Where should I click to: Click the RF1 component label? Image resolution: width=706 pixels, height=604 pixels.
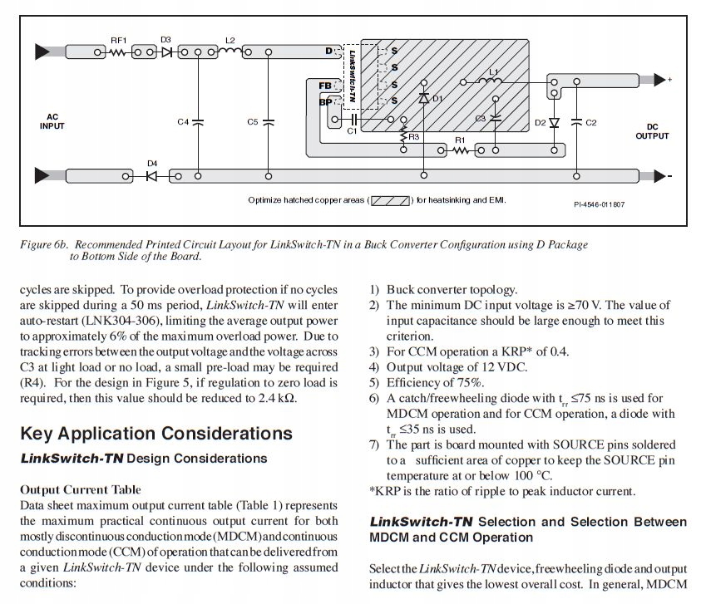coord(118,40)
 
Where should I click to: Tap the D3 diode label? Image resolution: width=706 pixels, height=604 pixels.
coord(165,40)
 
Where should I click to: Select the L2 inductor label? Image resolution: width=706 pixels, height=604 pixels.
coord(230,40)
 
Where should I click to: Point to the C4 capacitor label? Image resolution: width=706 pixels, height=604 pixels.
coord(183,122)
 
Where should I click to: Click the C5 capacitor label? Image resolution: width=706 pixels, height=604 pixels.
coord(253,122)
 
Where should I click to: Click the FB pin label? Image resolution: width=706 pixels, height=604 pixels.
coord(325,86)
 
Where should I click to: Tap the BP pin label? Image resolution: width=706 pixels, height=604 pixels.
coord(325,101)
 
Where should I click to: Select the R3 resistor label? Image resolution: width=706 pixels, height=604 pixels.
coord(413,136)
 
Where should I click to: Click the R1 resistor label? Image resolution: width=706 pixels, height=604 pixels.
coord(458,140)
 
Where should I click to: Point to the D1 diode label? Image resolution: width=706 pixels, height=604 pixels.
coord(437,99)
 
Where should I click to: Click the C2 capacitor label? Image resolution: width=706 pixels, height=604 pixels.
coord(591,123)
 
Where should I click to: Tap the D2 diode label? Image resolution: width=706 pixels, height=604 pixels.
coord(541,123)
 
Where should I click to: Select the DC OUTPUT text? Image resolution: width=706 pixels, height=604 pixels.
coord(652,131)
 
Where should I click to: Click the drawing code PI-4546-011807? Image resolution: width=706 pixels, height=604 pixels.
coord(599,204)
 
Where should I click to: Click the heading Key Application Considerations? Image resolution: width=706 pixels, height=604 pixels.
coord(156,434)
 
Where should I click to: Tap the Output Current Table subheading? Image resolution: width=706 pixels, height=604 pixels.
coord(80,489)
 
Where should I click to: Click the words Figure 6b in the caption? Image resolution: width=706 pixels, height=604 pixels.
coord(47,245)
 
